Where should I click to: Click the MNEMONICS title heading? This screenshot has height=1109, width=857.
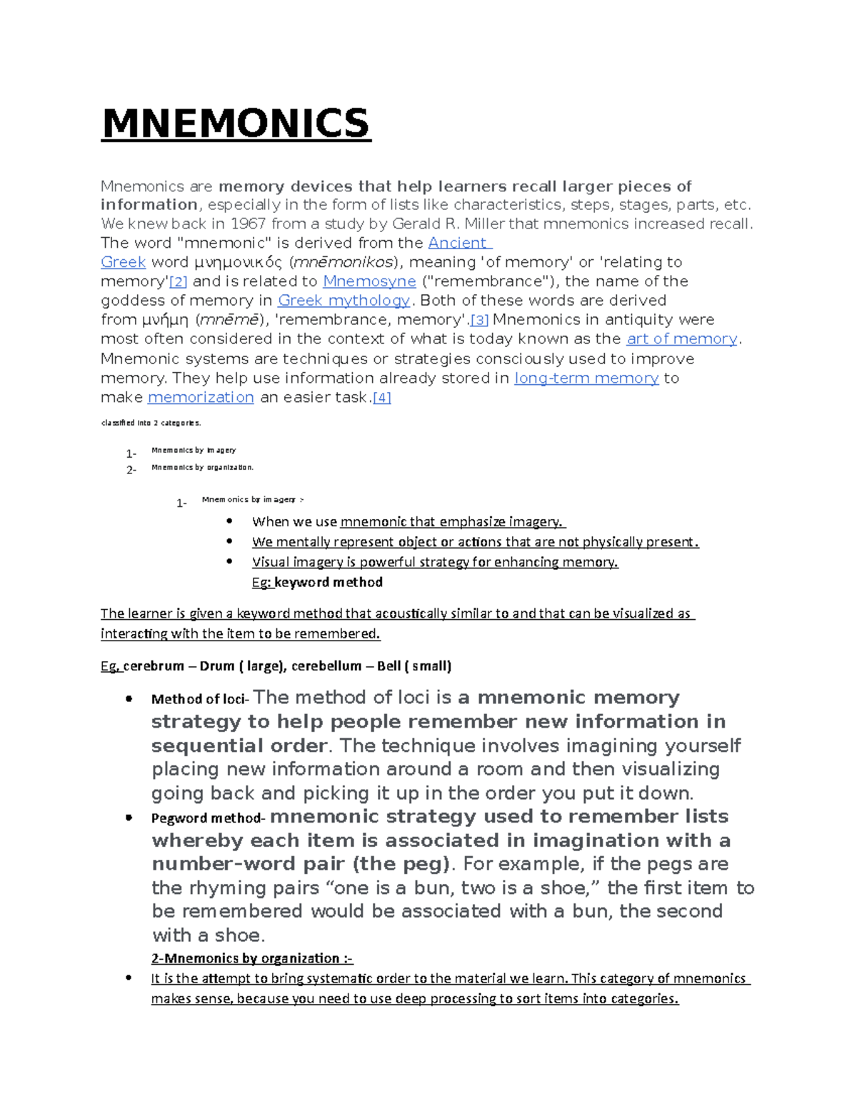pos(236,124)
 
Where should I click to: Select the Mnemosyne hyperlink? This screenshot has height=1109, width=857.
pos(369,281)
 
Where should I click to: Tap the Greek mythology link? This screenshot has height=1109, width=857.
pos(344,301)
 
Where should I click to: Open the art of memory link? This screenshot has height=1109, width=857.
pos(681,339)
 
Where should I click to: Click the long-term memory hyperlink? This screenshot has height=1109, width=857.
pos(586,378)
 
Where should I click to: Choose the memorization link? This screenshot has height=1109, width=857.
pos(201,398)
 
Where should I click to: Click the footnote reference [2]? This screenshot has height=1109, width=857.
pos(178,282)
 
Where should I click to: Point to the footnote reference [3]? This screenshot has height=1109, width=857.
pos(479,321)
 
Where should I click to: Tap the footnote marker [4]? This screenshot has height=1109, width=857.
pos(382,398)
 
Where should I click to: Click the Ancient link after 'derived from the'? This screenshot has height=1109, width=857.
pos(457,243)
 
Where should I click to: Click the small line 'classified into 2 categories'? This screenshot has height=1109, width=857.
pos(151,423)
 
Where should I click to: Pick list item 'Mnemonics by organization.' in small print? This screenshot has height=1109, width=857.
pos(202,468)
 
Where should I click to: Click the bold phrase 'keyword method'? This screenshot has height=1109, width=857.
pos(329,582)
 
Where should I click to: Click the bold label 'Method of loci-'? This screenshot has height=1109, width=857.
pos(199,700)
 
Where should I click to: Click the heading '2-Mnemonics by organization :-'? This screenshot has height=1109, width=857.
pos(251,958)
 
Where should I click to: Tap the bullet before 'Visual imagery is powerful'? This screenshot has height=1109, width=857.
pos(229,561)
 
